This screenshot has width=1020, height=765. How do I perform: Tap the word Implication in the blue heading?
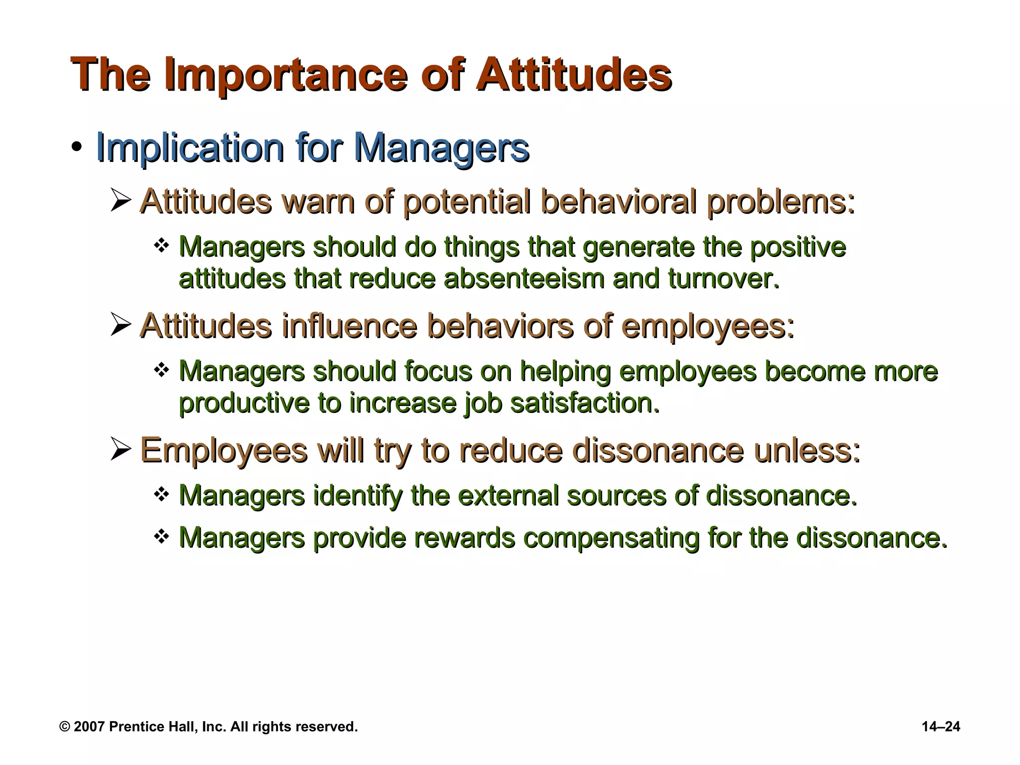point(190,148)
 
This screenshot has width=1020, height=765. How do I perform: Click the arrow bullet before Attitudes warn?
point(121,201)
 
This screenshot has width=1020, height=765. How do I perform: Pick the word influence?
point(349,326)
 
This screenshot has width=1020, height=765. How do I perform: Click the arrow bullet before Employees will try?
point(121,450)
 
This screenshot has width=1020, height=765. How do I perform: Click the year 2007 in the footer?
point(89,727)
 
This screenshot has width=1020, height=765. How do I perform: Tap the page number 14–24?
point(941,727)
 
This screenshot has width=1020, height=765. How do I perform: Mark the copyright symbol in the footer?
point(65,727)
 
